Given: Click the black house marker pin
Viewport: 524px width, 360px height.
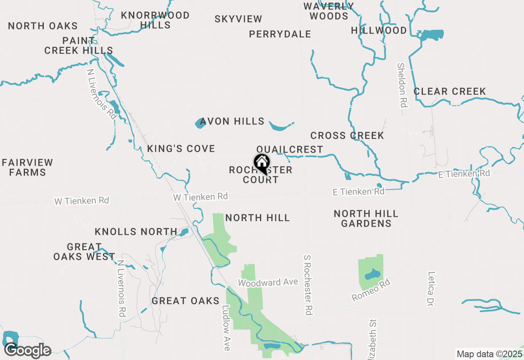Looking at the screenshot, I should click(x=262, y=164).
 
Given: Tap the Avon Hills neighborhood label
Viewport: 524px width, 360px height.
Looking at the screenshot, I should click(x=232, y=122).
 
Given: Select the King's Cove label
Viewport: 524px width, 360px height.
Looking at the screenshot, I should click(x=181, y=148).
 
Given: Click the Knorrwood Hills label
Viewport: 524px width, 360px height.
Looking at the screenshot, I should click(x=155, y=20).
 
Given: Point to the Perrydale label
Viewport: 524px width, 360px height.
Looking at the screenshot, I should click(x=280, y=34).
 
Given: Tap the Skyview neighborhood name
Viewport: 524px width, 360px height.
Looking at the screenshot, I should click(x=238, y=19).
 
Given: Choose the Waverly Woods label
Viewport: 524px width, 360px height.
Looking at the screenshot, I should click(x=329, y=11).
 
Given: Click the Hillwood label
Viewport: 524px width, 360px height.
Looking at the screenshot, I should click(x=379, y=31).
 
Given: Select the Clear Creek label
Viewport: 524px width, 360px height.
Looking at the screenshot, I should click(x=449, y=91).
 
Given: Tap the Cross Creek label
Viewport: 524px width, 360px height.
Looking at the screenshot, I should click(x=347, y=135).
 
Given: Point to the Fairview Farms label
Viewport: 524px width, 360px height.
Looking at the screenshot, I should click(x=27, y=167).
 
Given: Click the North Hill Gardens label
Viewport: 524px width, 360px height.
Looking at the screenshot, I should click(x=366, y=218).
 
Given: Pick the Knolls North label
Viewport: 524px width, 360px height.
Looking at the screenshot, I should click(x=136, y=232).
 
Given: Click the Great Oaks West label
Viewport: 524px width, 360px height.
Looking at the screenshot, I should click(x=84, y=252).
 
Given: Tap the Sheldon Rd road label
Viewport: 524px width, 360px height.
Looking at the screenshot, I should click(x=402, y=85).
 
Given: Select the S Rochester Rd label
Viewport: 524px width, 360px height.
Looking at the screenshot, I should click(x=308, y=285).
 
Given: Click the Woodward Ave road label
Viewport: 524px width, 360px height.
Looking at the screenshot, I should click(x=268, y=282).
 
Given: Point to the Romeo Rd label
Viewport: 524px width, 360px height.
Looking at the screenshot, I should click(x=371, y=290).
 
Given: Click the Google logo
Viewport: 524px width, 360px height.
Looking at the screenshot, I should click(x=28, y=351).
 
